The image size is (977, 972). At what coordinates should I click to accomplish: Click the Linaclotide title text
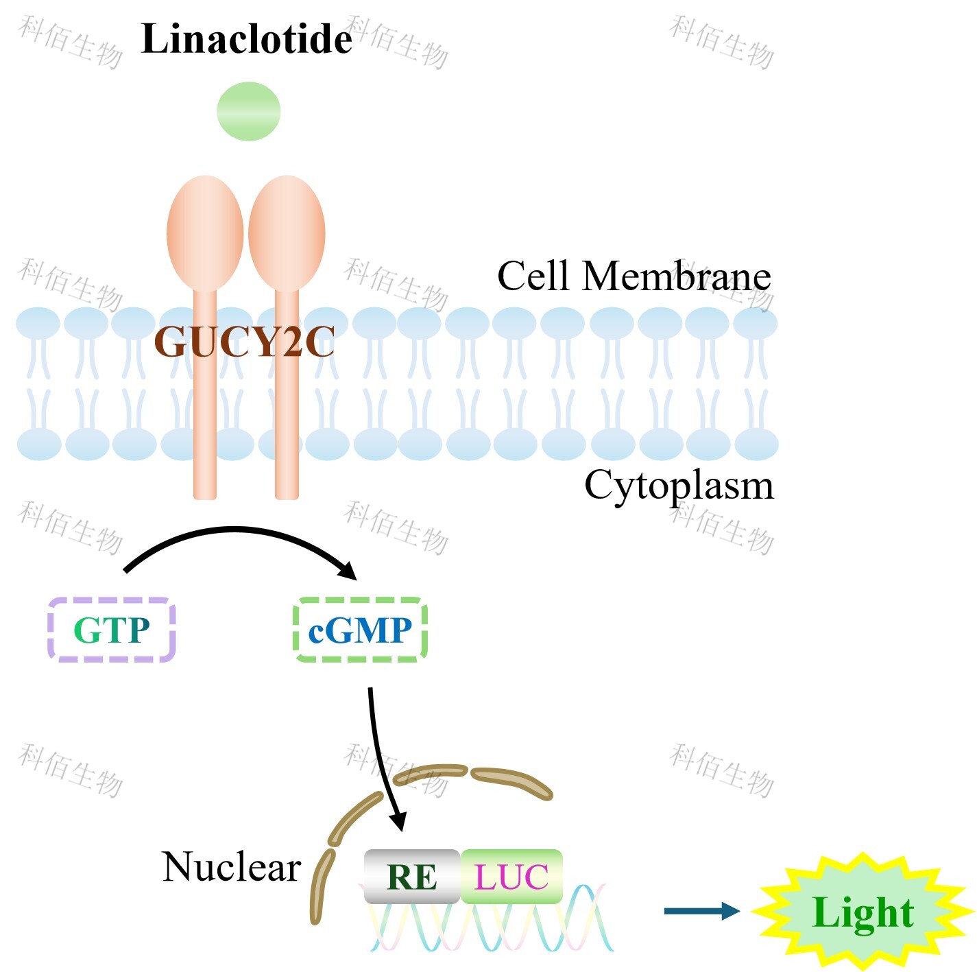point(246,39)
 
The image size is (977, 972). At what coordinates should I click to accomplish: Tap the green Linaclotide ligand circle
point(248,111)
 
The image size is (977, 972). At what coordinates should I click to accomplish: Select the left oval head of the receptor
point(205,233)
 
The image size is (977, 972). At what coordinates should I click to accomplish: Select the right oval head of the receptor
point(287,233)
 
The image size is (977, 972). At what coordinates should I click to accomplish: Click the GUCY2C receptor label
point(244,341)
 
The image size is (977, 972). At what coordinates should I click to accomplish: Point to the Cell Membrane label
point(634,276)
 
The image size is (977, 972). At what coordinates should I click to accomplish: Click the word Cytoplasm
point(678,485)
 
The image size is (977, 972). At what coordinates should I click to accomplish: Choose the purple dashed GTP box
point(112,630)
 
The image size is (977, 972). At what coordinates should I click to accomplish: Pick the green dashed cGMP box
point(360,630)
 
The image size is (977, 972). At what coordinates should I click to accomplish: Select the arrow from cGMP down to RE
point(381,755)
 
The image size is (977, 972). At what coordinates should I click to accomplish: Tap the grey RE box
point(411,876)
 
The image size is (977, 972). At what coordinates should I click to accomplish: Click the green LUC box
point(511,876)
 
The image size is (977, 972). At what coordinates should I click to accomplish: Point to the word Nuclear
point(231,867)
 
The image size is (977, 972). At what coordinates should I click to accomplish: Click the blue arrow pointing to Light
point(701,911)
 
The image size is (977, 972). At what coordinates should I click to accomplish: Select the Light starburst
point(863,912)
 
